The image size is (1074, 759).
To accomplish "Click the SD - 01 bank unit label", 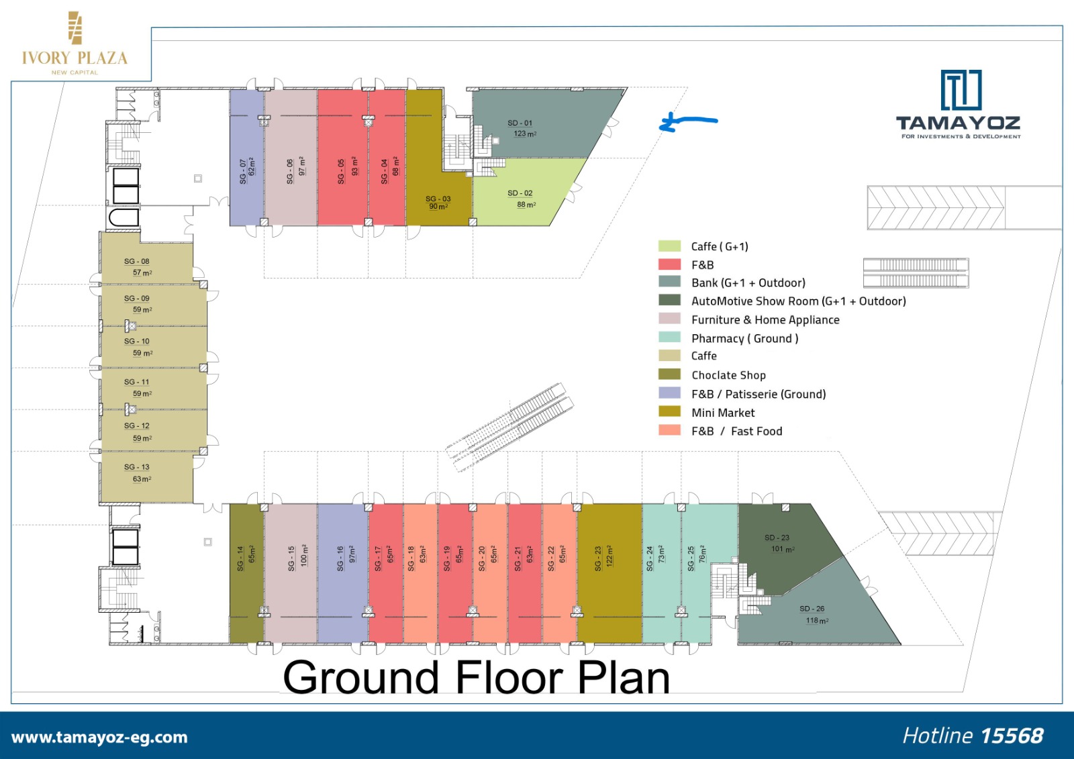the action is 520,123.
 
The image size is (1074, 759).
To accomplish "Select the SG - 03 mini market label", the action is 438,199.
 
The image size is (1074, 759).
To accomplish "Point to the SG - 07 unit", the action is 246,157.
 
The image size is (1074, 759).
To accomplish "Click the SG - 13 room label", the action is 137,467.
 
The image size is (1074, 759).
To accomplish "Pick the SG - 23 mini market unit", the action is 609,573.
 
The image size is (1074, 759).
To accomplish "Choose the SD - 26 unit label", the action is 812,609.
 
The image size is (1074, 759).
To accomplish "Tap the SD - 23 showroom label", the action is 777,538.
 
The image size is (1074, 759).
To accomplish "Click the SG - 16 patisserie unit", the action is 343,573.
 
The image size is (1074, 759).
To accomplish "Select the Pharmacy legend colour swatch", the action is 669,337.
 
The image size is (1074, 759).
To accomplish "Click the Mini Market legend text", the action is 723,413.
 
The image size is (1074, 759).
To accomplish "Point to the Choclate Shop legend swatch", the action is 669,374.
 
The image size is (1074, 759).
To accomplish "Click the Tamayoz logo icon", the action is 961,90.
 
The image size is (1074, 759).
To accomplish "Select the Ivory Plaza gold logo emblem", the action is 75,28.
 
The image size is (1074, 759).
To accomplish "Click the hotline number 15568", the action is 1012,736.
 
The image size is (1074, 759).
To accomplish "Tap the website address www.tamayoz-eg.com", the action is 99,737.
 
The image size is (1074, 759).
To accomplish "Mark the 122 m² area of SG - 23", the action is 610,556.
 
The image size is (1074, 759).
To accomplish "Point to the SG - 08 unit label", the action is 137,261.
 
